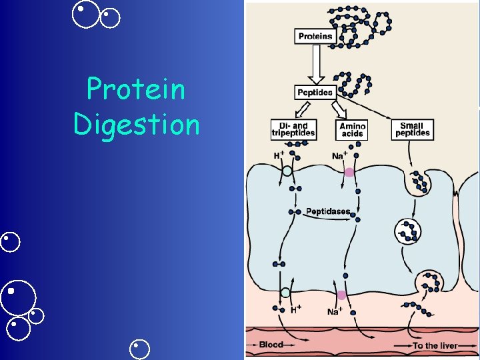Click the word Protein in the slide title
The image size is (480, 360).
(136, 89)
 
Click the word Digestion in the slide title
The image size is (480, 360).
(136, 124)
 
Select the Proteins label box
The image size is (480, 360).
(315, 36)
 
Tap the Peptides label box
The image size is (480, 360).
(315, 93)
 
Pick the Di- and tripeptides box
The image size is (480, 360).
(293, 129)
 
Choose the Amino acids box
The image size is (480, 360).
(352, 129)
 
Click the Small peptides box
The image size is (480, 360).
(413, 129)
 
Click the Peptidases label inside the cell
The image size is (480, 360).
(327, 211)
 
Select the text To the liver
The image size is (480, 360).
(435, 345)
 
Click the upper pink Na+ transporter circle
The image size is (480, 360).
(349, 173)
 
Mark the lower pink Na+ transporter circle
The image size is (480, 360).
(341, 295)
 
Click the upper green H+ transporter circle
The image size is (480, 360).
(287, 171)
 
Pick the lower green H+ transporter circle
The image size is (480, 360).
(285, 293)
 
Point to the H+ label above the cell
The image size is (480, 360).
(279, 155)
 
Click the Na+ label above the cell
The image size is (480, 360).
(339, 156)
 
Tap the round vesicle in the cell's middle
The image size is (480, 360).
(407, 231)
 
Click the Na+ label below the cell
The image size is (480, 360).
(335, 311)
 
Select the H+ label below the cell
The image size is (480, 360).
(296, 309)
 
